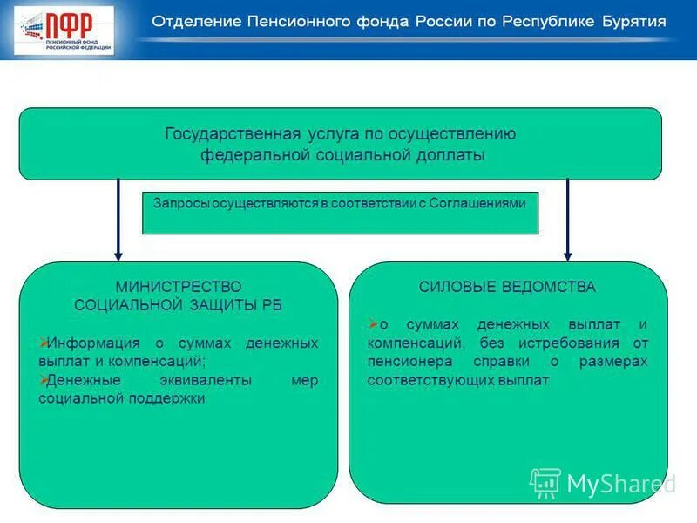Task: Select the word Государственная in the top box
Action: tap(231, 134)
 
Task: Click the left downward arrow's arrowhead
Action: tap(118, 255)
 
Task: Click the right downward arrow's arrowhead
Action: tap(567, 255)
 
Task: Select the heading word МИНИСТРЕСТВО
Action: tap(179, 286)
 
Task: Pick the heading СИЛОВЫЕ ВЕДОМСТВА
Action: tap(507, 286)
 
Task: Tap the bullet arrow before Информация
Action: tap(44, 342)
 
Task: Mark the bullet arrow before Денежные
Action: tap(44, 380)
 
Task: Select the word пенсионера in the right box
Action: tap(404, 362)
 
